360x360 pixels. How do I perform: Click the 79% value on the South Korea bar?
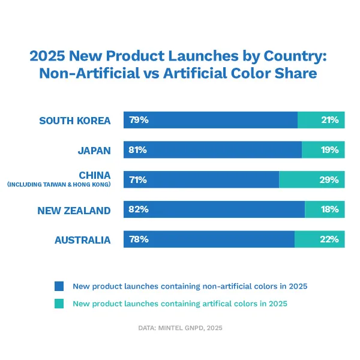point(139,120)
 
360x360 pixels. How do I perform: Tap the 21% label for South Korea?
point(329,120)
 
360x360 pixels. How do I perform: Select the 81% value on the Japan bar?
point(138,150)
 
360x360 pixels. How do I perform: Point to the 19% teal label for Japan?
point(329,150)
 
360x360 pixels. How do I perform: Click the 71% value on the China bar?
point(138,179)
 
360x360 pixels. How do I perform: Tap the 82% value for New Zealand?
point(139,209)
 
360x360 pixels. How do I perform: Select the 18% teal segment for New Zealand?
point(329,209)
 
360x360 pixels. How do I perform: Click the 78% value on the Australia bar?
point(139,239)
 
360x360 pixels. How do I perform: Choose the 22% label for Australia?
point(329,239)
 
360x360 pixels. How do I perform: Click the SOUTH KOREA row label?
point(75,121)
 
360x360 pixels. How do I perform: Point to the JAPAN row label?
point(94,151)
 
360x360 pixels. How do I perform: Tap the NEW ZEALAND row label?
point(74,210)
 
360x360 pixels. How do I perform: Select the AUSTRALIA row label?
point(83,240)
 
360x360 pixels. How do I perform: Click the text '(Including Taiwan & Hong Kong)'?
point(59,185)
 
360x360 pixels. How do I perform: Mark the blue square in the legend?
point(59,286)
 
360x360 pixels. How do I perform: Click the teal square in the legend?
point(59,304)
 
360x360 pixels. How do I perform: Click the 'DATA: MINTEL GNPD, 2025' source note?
point(179,328)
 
